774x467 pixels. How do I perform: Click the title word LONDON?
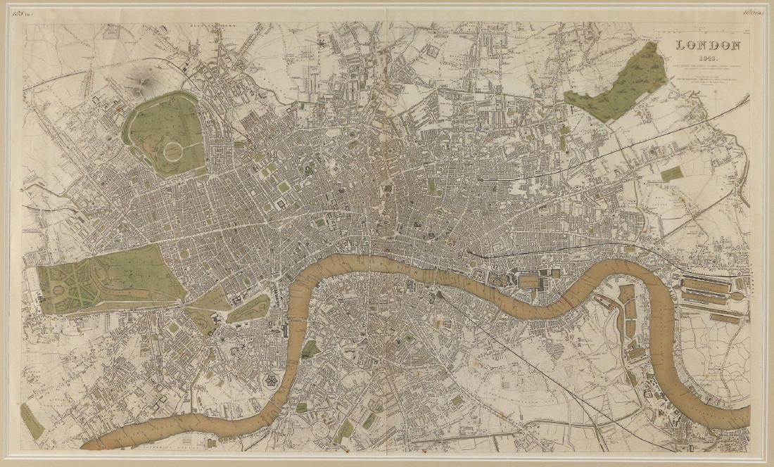point(708,46)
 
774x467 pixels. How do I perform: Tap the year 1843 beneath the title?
point(709,58)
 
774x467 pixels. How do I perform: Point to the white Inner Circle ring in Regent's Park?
point(173,149)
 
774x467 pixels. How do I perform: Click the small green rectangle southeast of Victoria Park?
point(672,173)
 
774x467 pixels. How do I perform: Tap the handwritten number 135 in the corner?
point(32,12)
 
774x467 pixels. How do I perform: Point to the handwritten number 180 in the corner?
point(753,11)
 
